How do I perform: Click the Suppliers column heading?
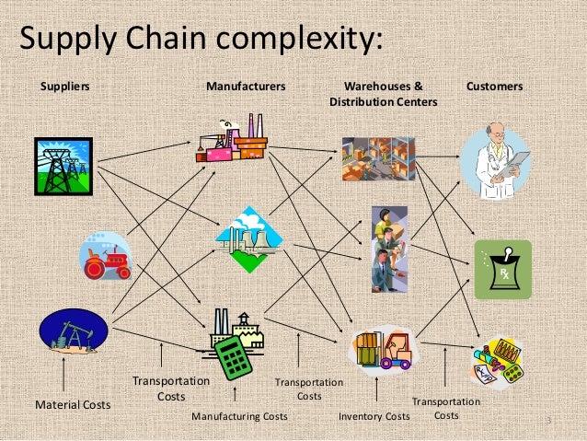pyautogui.click(x=63, y=86)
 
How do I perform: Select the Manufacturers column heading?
pyautogui.click(x=246, y=86)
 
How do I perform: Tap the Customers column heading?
pyautogui.click(x=494, y=86)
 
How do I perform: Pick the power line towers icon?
pyautogui.click(x=63, y=166)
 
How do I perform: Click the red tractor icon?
pyautogui.click(x=104, y=255)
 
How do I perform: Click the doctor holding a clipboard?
pyautogui.click(x=497, y=163)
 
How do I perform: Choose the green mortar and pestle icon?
pyautogui.click(x=502, y=269)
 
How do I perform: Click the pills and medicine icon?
pyautogui.click(x=499, y=363)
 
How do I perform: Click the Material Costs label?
pyautogui.click(x=72, y=404)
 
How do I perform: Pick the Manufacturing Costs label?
pyautogui.click(x=239, y=417)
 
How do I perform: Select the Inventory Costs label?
pyautogui.click(x=374, y=417)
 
